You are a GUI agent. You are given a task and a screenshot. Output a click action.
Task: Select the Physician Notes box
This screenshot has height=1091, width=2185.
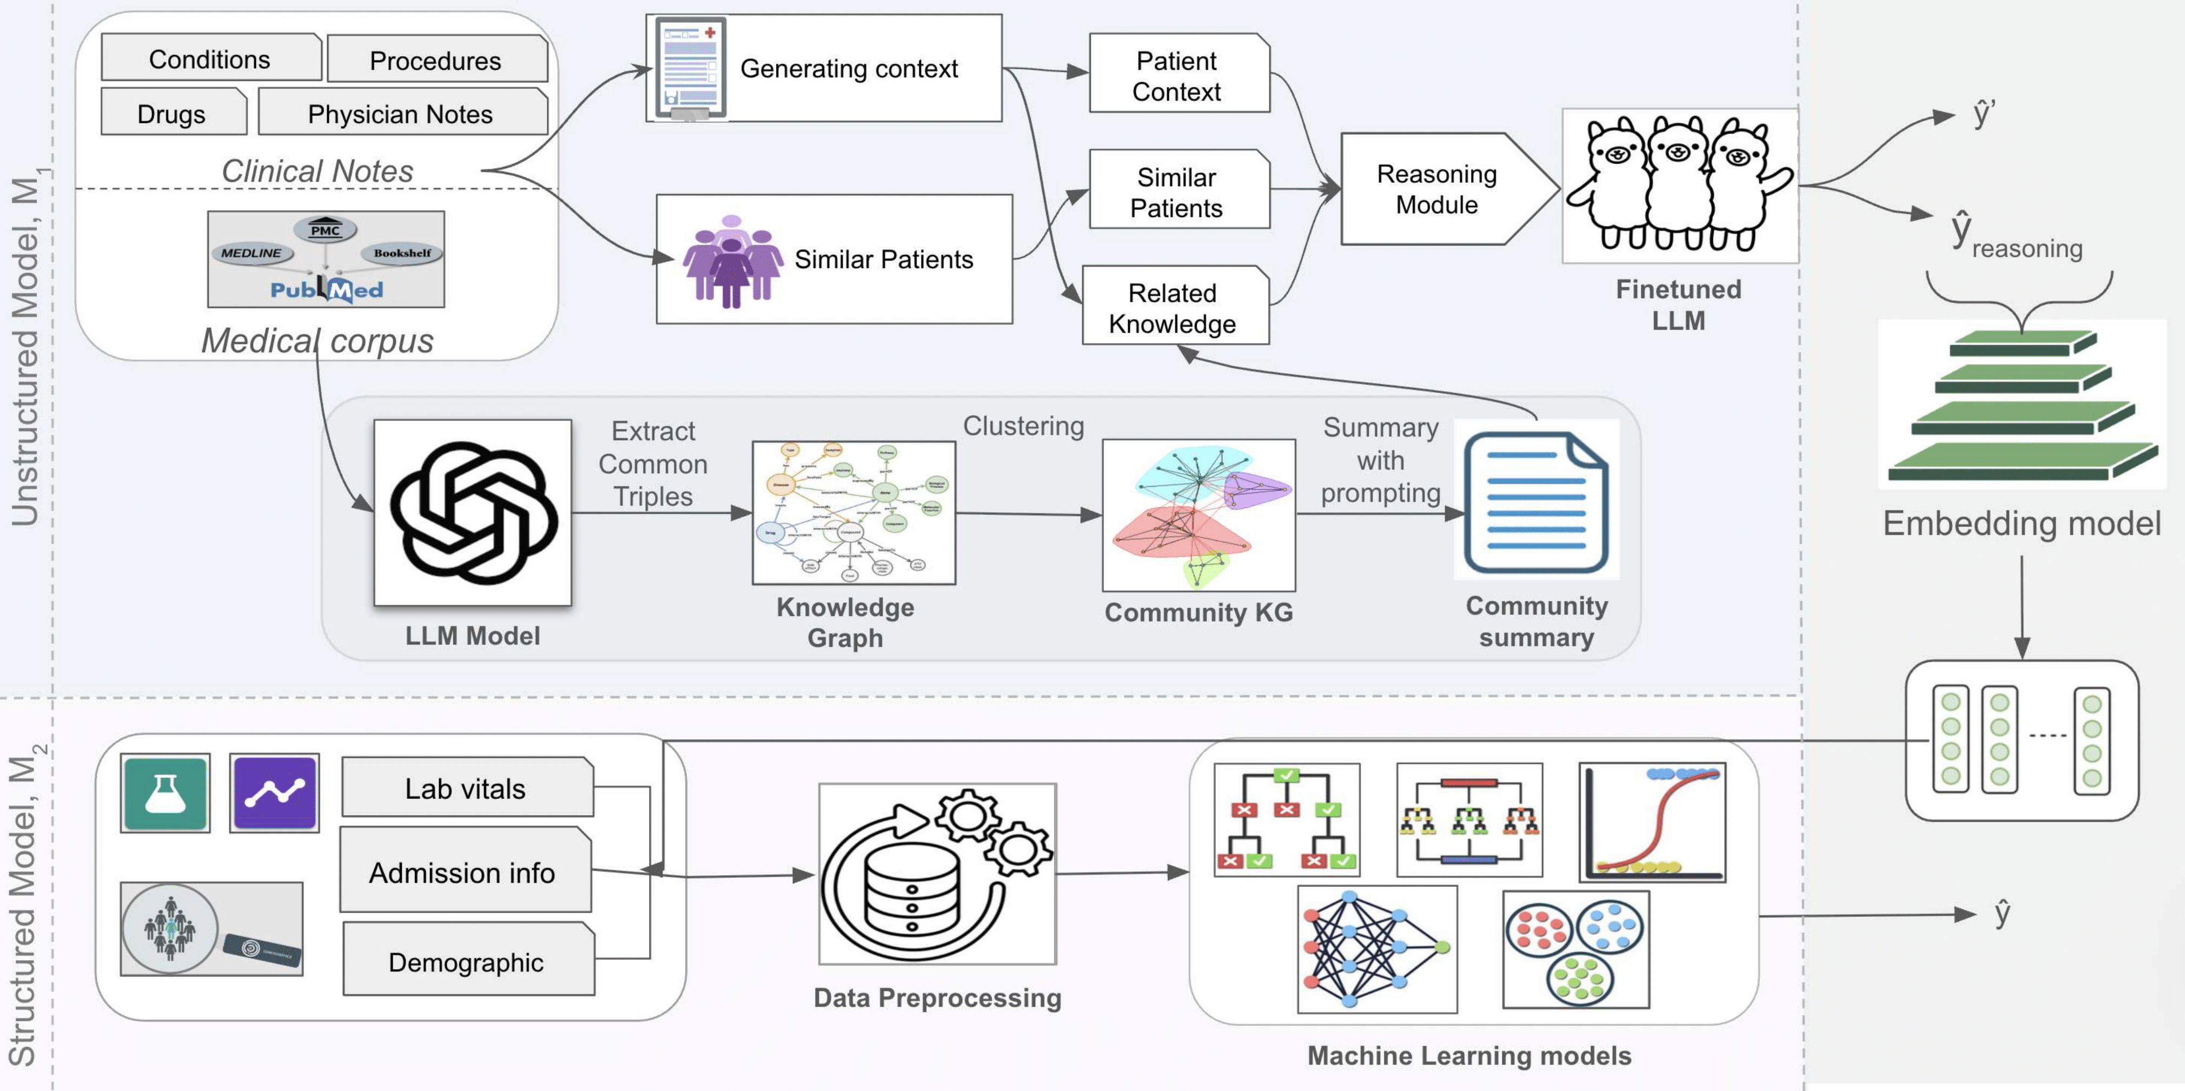[401, 113]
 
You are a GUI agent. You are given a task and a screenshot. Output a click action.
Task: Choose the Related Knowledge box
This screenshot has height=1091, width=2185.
[1174, 307]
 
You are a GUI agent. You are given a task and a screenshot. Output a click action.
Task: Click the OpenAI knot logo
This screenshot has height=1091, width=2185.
[473, 512]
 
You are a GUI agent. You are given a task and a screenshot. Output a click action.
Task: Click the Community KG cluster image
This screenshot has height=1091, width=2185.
[1199, 515]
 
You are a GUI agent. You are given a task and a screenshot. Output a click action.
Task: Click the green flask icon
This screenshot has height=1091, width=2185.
[165, 793]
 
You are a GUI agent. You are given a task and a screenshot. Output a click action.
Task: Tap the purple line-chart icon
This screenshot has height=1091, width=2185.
[275, 793]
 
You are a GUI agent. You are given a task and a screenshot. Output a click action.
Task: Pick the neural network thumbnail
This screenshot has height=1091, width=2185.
[1376, 949]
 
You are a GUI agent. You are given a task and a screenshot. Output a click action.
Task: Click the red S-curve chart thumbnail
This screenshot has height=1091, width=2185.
[1652, 821]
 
